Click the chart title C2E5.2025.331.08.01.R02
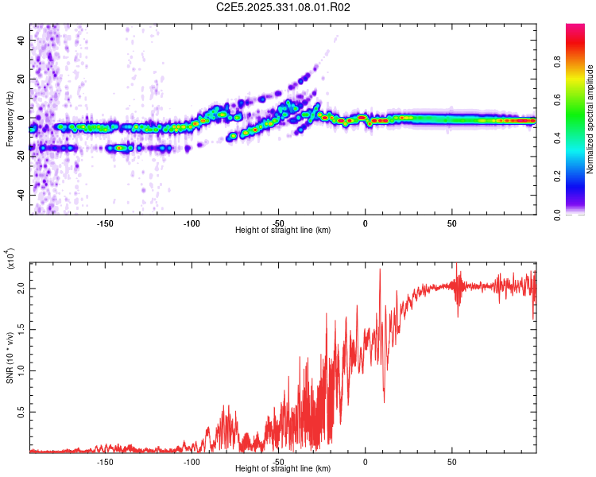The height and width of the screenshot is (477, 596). pos(283,7)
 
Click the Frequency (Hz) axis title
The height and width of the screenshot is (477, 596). pos(10,119)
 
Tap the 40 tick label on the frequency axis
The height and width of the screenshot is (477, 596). pos(21,40)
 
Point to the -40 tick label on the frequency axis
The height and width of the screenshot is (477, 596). pos(21,196)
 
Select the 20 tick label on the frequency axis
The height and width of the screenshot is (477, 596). pos(21,79)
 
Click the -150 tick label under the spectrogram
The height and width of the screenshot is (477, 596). pos(105,223)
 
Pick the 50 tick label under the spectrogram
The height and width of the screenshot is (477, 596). pos(451,223)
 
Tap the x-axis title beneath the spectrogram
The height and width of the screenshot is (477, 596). pos(283,230)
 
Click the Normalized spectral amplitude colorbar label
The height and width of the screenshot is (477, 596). pos(590,119)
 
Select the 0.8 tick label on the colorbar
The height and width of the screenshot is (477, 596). pos(557,61)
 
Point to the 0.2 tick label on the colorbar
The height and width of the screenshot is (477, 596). pos(557,176)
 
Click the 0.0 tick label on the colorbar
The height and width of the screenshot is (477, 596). pos(557,215)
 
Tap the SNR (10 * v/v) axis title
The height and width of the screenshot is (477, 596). pos(10,358)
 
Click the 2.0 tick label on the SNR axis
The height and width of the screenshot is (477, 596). pos(21,289)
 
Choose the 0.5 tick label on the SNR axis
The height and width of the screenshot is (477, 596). pos(21,412)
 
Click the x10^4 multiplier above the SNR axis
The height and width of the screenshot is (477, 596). pos(10,258)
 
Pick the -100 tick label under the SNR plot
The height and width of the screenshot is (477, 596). pos(192,462)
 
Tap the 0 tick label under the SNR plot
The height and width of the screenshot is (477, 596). pos(365,462)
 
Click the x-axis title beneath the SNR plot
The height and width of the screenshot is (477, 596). pos(283,468)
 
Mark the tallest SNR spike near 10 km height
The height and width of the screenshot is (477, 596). pos(380,270)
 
